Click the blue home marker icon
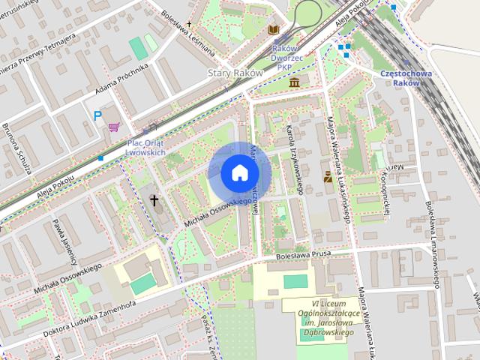(239, 172)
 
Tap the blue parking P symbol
(97, 115)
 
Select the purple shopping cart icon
(114, 127)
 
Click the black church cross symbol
(155, 200)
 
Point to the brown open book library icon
(274, 30)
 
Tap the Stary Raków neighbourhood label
(234, 73)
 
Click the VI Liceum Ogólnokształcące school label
(319, 315)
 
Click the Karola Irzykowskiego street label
(293, 159)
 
